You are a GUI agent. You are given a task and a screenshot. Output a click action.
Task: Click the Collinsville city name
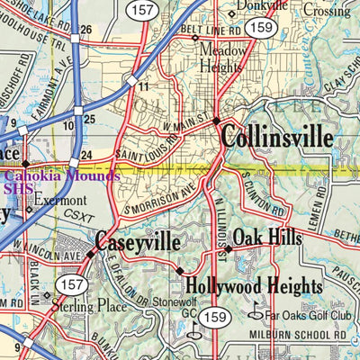point(276,138)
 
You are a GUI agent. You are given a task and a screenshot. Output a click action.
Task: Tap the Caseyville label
point(138,243)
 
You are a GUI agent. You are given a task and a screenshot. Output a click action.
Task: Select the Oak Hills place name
point(267,238)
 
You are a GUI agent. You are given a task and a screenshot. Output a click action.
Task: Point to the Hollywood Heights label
point(253,287)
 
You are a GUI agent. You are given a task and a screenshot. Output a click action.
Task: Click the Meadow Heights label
point(222,58)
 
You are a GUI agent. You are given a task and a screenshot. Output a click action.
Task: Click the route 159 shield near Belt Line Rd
point(262,29)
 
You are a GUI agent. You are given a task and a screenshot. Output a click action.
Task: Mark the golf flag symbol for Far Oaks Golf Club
point(255,315)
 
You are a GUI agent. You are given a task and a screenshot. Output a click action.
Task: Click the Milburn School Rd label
point(296,334)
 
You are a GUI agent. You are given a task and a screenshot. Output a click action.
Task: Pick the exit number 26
point(86,31)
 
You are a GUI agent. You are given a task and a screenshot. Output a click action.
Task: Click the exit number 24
point(85,154)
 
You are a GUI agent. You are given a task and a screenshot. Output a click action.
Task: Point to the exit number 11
point(143,86)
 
